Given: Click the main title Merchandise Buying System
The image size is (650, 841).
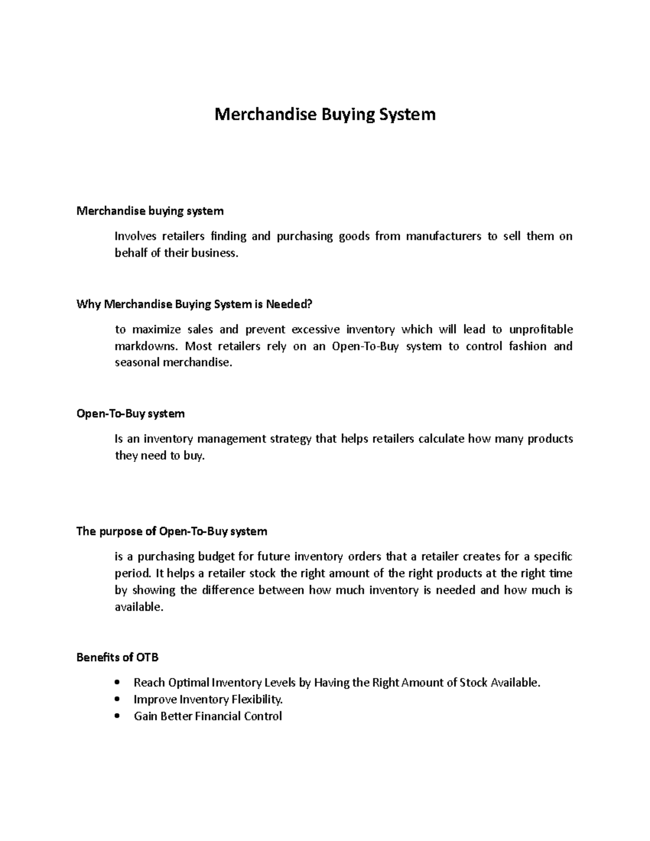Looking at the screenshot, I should (325, 115).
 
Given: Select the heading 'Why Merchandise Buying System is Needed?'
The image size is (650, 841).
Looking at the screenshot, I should (194, 304).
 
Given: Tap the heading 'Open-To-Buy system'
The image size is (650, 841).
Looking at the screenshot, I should (131, 414).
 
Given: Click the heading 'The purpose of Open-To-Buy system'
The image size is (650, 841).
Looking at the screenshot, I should (172, 531).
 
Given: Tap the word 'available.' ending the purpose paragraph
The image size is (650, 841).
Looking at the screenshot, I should (139, 607).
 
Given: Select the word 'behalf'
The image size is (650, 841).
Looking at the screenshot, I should (131, 253).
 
